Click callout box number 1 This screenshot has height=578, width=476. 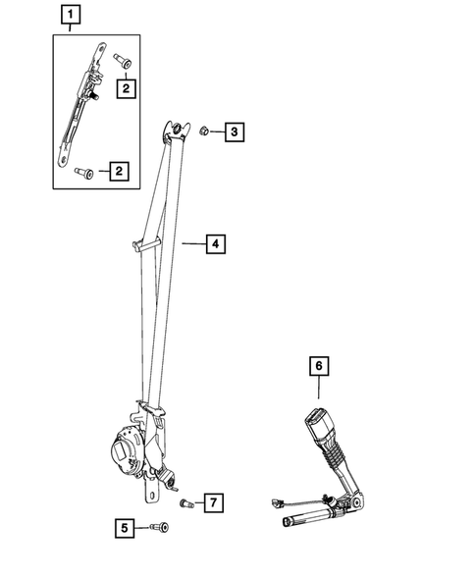tap(70, 15)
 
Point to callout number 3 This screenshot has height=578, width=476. tap(234, 131)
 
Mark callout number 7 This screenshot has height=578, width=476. tap(214, 503)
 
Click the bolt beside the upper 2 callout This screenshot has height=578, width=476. tap(122, 61)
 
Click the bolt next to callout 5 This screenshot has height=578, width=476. tap(159, 528)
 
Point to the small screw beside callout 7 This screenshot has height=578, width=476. tap(186, 502)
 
